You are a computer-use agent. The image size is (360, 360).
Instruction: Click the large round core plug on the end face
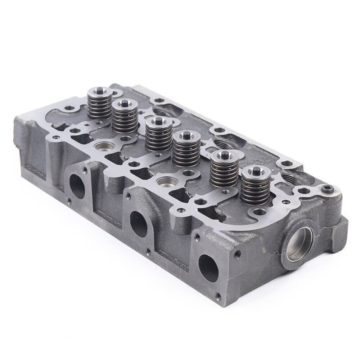pyautogui.click(x=300, y=247)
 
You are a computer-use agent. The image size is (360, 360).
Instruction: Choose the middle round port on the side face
pyautogui.click(x=139, y=224)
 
